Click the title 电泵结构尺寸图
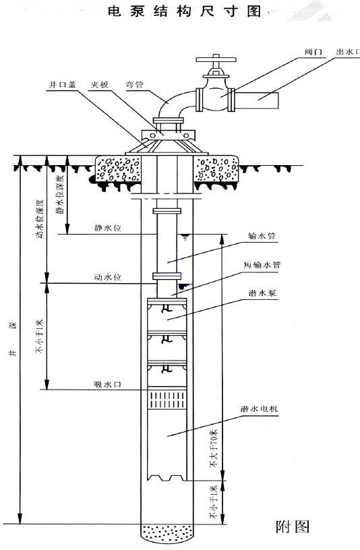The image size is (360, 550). point(185,11)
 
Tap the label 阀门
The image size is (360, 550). point(313,52)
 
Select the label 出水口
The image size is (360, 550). point(348,52)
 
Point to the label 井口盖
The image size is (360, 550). point(63,84)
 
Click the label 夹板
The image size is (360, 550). point(100,84)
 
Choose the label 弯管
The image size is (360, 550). point(135,84)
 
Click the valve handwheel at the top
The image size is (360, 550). point(216,59)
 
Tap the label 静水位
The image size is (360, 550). point(108,228)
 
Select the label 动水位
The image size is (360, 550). point(108,277)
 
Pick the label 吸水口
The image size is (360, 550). point(108,384)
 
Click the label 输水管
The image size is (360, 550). point(262,236)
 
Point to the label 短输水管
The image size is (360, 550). point(262,264)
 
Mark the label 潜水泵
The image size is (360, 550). point(262,293)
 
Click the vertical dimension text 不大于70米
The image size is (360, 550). point(214,449)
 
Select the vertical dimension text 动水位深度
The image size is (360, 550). point(40,219)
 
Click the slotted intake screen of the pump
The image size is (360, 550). point(167,400)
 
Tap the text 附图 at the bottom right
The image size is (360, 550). point(293,526)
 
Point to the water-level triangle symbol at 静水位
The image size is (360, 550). point(185,237)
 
